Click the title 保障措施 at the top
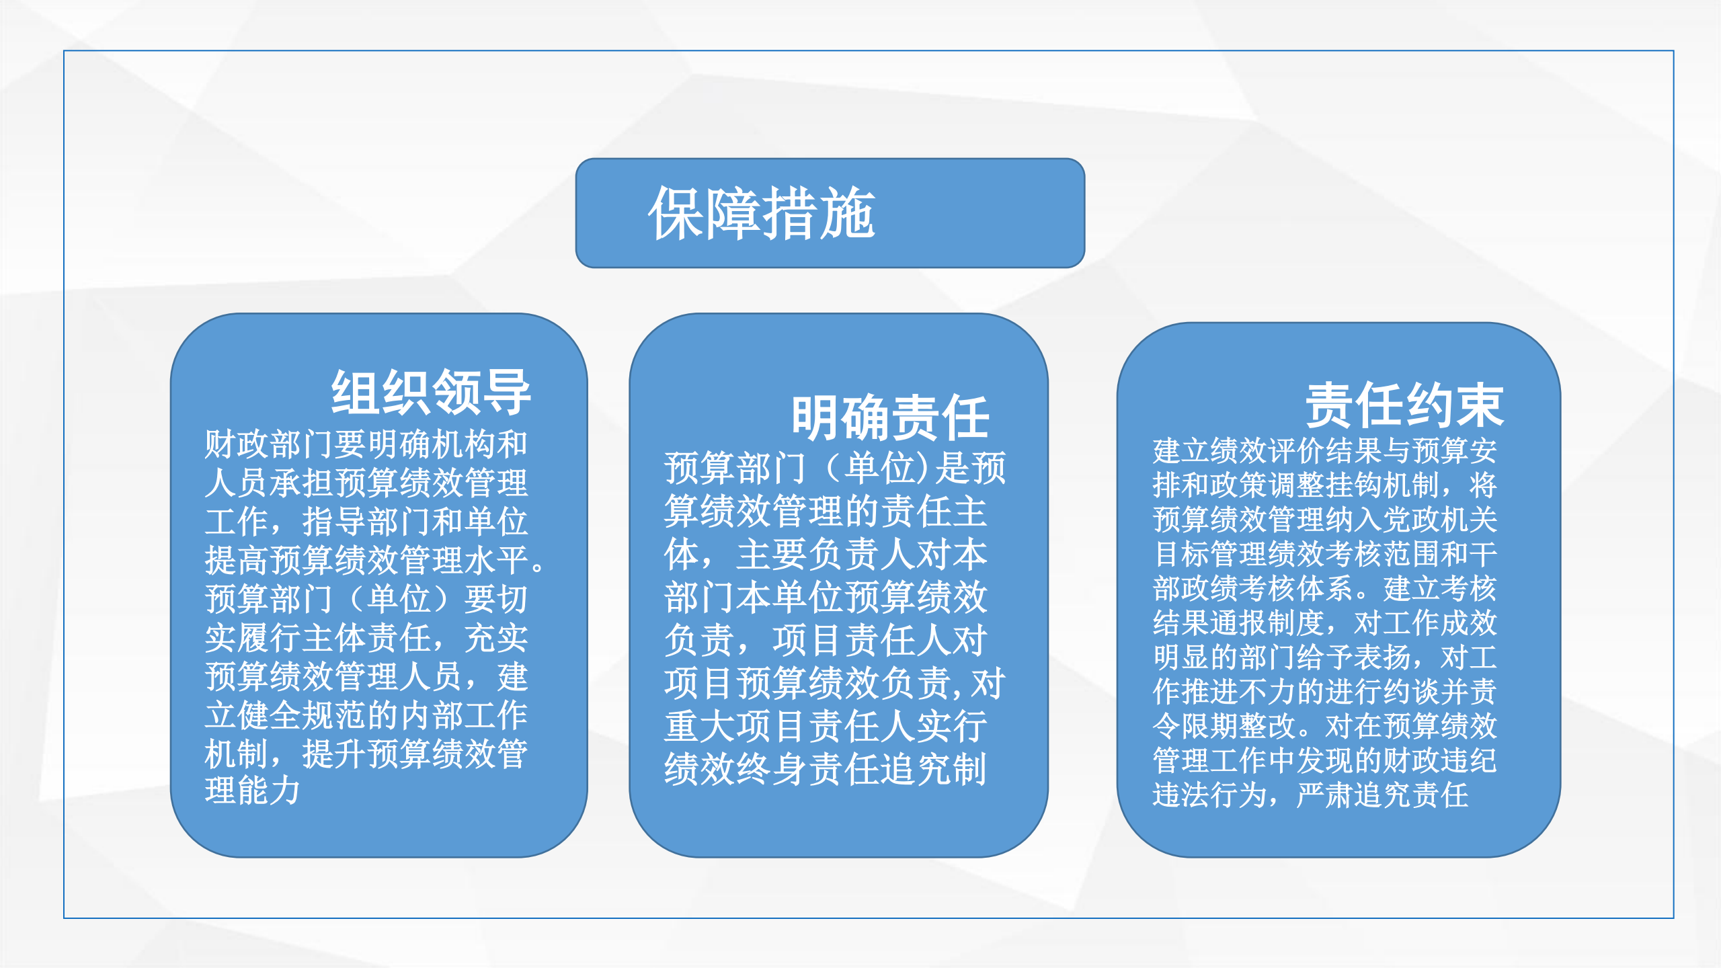point(762,213)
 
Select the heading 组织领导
point(431,392)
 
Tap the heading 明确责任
point(890,417)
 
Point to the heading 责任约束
point(1404,405)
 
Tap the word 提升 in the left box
point(334,754)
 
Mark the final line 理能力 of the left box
point(253,791)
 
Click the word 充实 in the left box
point(496,637)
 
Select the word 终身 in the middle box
point(773,769)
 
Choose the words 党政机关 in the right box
point(1440,519)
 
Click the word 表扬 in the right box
point(1382,657)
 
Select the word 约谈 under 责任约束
point(1411,691)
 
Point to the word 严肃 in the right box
point(1325,795)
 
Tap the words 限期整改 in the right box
point(1238,725)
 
